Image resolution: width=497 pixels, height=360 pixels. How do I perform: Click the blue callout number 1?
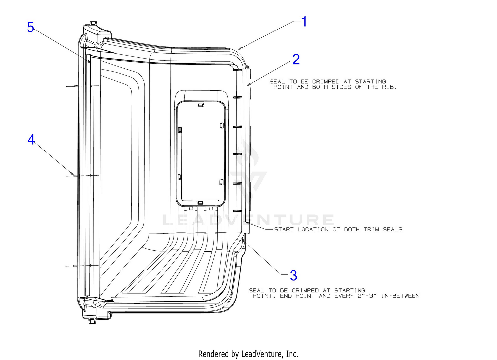click(x=304, y=22)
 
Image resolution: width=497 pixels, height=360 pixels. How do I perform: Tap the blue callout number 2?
click(x=296, y=59)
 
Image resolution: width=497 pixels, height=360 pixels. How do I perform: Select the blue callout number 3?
click(x=293, y=276)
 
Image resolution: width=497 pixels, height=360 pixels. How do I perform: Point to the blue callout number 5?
click(x=30, y=27)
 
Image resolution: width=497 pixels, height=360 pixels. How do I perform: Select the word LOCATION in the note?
click(x=313, y=229)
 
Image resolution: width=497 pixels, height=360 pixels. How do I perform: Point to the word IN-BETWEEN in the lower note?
click(x=401, y=296)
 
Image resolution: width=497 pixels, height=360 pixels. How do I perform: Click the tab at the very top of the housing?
click(x=94, y=23)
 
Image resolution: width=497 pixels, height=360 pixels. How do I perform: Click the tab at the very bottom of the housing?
click(x=92, y=321)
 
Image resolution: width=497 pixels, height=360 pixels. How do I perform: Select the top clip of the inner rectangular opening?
click(x=201, y=104)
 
